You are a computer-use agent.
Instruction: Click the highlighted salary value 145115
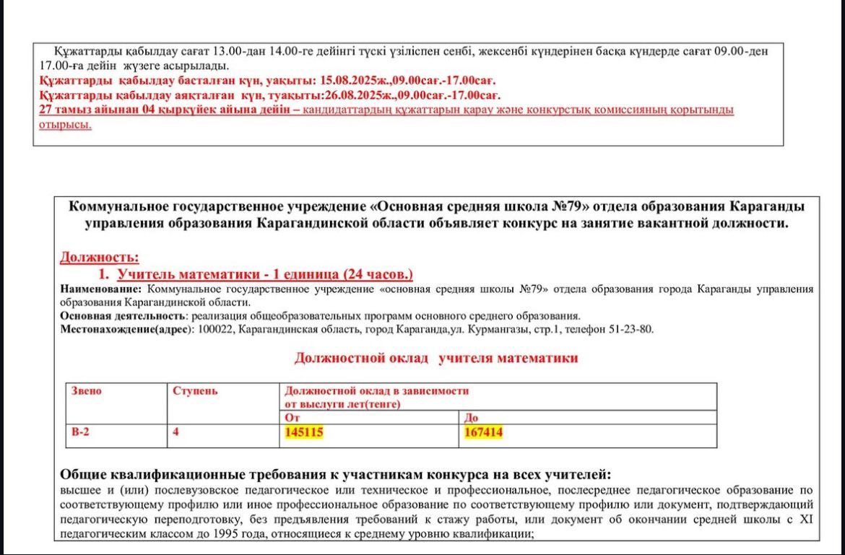304,432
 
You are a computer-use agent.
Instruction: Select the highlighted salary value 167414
484,432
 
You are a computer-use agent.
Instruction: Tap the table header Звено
86,390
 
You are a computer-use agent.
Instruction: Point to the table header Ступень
195,390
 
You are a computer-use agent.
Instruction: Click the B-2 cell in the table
81,432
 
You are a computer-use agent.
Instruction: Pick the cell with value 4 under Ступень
176,432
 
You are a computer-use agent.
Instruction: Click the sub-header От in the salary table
292,418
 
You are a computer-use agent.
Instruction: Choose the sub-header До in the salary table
470,418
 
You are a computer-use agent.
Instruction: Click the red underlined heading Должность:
99,257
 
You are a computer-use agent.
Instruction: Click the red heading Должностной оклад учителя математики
436,357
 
